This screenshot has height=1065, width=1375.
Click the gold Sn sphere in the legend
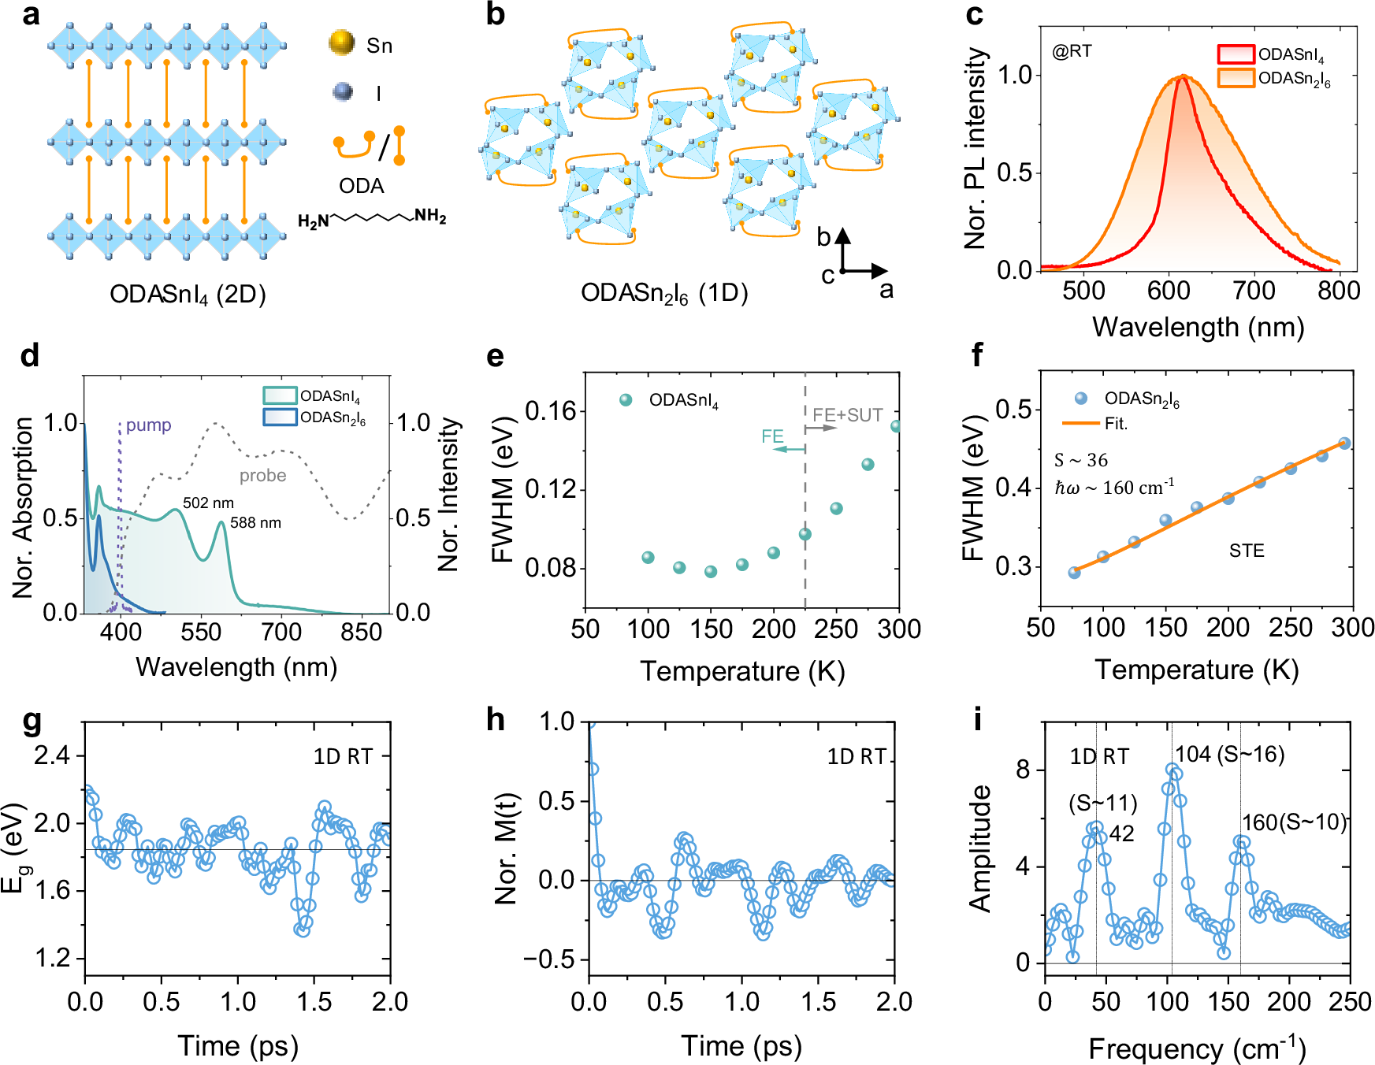[341, 43]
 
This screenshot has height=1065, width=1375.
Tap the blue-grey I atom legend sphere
[343, 91]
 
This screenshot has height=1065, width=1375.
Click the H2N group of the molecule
[313, 221]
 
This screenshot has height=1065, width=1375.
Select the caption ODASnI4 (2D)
[188, 295]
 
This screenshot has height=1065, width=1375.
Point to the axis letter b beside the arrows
[823, 237]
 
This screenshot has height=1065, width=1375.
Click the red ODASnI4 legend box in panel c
[1236, 54]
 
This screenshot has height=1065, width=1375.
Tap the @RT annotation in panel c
[1072, 52]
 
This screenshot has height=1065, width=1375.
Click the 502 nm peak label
[208, 503]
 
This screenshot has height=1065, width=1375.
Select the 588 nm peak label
[255, 522]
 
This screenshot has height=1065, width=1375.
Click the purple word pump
[148, 425]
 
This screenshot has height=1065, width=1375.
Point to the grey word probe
[262, 476]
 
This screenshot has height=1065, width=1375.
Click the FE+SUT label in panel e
[847, 415]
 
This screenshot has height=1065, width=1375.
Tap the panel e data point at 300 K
[897, 426]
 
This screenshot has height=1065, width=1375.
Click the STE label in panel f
[1246, 551]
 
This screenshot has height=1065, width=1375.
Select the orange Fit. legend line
[1080, 424]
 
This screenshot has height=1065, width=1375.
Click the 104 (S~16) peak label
[1229, 755]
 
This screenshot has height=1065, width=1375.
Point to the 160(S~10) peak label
[1294, 822]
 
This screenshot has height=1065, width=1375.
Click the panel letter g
[32, 720]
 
